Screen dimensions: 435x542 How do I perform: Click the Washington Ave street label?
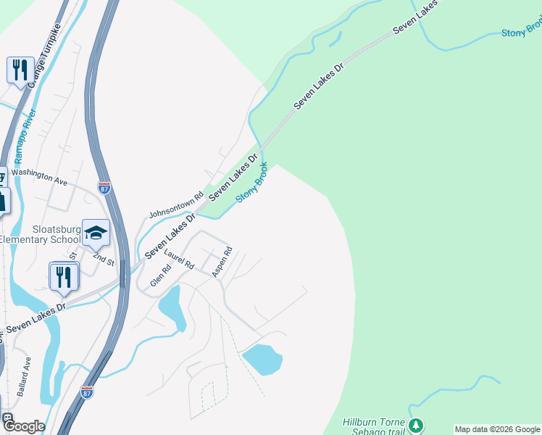pos(39,178)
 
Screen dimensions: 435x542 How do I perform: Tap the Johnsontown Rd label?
pos(171,206)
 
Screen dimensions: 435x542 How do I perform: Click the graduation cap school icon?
pos(96,233)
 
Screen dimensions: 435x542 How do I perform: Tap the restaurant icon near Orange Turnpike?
pos(20,70)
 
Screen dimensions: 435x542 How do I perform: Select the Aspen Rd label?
pos(222,262)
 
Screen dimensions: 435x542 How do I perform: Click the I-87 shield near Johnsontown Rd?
pos(105,188)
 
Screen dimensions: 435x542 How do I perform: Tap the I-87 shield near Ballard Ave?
pos(87,392)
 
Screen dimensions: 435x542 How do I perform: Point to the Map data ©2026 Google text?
pos(497,429)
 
